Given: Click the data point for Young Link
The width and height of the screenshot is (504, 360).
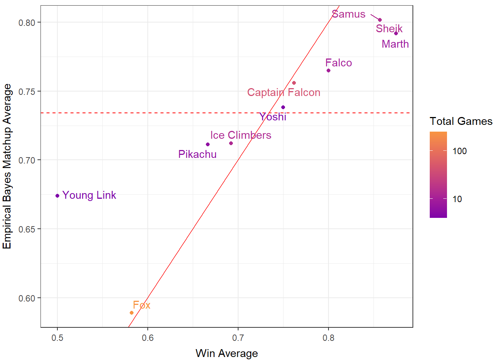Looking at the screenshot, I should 57,196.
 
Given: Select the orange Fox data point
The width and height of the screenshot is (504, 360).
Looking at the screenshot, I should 132,313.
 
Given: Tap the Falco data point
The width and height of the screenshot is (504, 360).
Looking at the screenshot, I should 328,70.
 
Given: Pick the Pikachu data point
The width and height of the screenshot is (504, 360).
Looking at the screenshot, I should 208,144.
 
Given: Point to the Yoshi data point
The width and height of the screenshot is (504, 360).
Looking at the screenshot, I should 283,107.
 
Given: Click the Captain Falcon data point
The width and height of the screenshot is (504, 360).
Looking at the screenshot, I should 294,83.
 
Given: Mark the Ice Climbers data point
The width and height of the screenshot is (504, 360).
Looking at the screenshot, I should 231,143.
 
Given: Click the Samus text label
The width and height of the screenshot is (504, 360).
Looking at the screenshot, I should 348,14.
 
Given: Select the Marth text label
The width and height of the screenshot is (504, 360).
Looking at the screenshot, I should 395,44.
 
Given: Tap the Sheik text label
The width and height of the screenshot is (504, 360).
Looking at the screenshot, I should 389,29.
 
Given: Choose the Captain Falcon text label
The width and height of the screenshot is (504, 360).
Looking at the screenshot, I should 283,93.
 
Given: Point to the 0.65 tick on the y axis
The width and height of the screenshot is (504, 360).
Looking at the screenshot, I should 27,229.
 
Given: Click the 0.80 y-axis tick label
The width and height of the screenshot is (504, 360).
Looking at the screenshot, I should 27,22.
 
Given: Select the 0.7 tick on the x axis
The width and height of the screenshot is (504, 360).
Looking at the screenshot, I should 238,338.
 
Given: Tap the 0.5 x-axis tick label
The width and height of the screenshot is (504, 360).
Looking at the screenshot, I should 57,338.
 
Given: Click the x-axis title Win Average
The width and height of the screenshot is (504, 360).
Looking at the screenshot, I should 226,353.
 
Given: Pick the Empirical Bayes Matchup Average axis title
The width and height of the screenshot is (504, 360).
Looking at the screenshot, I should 7,166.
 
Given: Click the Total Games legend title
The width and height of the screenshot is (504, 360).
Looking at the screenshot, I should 461,121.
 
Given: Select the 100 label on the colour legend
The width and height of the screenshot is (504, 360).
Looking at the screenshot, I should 459,151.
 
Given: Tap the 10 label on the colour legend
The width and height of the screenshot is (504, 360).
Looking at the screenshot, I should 457,199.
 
